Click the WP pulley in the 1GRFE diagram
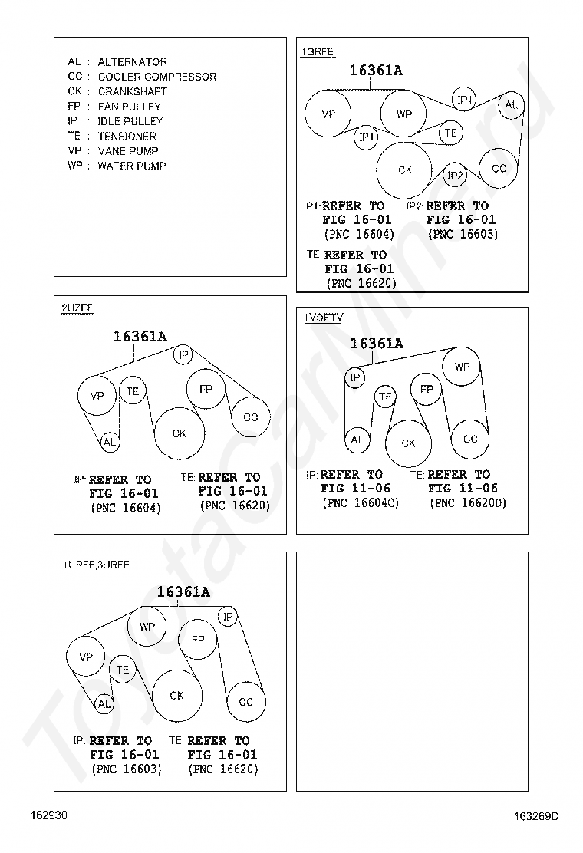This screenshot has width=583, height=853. (x=403, y=115)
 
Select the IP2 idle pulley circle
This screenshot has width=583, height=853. (x=456, y=176)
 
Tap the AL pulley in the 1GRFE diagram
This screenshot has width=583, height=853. (x=512, y=105)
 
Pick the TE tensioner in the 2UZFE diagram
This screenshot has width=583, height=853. (x=133, y=392)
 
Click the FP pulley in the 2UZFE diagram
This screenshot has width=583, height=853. (x=206, y=389)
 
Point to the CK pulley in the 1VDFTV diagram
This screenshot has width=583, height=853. (x=408, y=443)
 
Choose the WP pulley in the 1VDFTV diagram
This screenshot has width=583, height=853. (x=462, y=367)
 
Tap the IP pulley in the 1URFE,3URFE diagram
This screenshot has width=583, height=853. (x=228, y=616)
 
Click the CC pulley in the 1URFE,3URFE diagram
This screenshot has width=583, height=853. (x=246, y=701)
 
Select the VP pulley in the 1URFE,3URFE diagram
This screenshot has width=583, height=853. (x=86, y=657)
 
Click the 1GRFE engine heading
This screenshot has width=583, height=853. (x=317, y=52)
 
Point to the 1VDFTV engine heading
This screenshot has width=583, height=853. (x=323, y=318)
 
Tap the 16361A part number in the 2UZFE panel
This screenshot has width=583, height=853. (x=140, y=336)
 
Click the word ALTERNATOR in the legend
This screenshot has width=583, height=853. (x=132, y=61)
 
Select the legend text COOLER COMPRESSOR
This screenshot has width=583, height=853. (x=157, y=77)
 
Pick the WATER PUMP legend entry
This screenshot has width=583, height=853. (x=132, y=166)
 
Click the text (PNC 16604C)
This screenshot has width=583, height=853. (x=361, y=503)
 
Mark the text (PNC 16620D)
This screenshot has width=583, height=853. (x=468, y=503)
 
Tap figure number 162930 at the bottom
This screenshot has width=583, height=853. (x=49, y=815)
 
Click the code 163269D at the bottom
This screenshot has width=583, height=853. (x=537, y=816)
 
